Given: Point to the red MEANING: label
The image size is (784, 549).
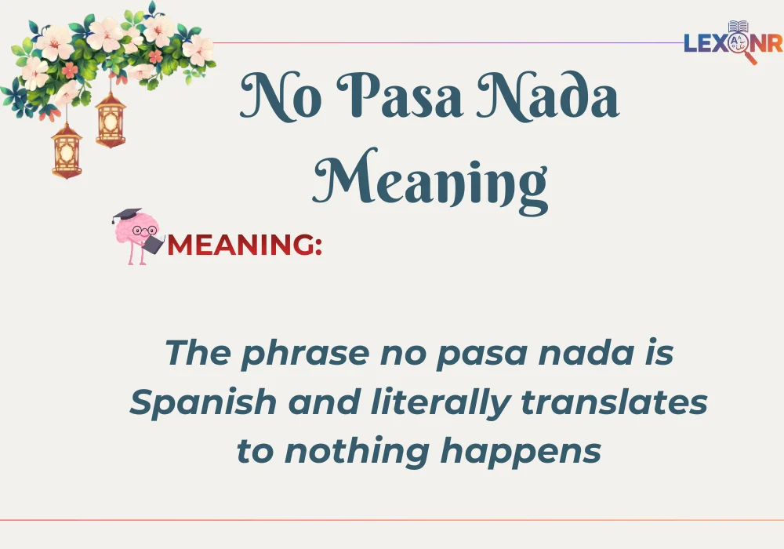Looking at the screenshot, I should click(245, 244).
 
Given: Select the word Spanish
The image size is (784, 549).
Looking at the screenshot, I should click(203, 403).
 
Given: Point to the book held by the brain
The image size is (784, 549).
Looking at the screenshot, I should click(154, 244).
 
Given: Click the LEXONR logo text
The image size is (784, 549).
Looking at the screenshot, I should click(732, 43).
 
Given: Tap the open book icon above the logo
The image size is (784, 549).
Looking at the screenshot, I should click(738, 27).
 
